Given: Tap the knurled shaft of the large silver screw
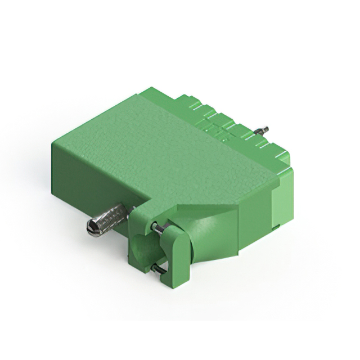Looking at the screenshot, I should (x=112, y=216).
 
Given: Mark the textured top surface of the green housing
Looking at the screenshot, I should (x=169, y=146).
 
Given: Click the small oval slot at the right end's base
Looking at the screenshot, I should (x=276, y=227).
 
